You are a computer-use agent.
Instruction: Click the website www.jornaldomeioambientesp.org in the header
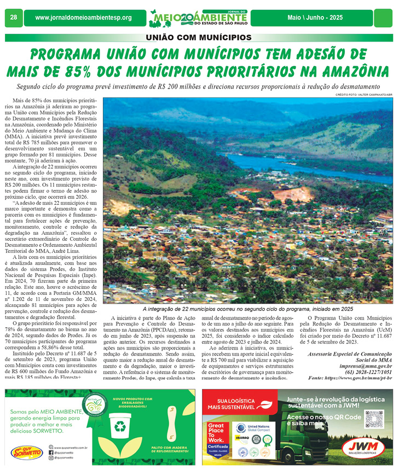83,18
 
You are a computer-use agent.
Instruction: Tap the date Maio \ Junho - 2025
315,18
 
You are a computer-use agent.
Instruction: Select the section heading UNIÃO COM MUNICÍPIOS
199,38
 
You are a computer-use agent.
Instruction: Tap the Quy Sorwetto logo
25,451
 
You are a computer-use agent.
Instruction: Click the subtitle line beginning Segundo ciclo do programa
199,87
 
